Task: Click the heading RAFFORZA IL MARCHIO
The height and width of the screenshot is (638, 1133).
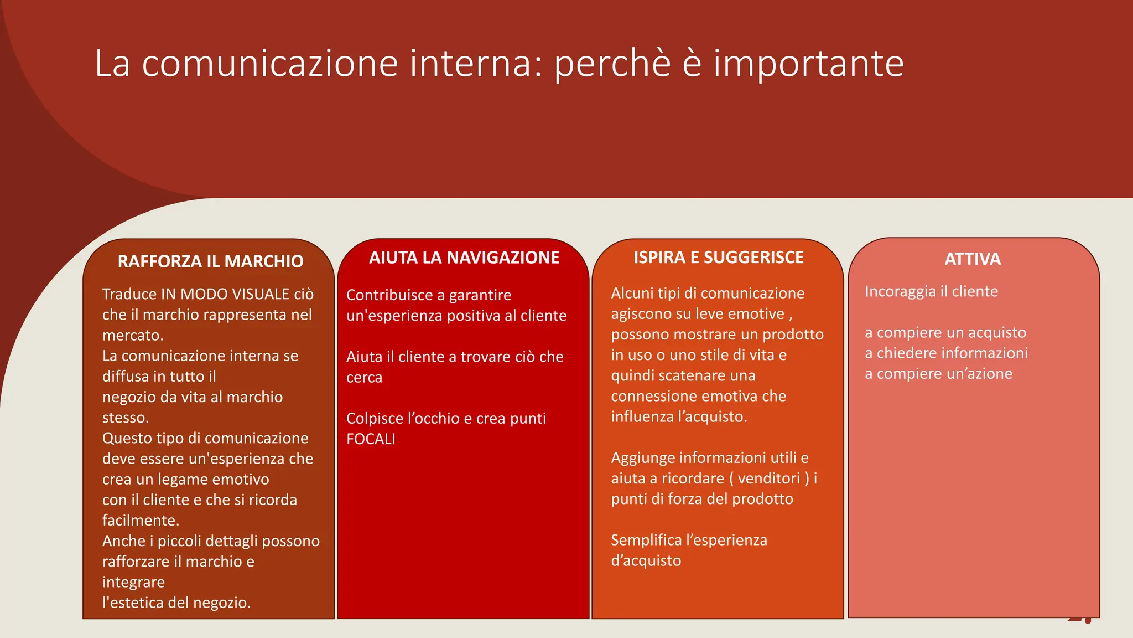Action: coord(210,261)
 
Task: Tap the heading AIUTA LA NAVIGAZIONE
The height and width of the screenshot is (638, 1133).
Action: coord(464,258)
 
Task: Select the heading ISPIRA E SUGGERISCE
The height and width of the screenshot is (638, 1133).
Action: coord(718,258)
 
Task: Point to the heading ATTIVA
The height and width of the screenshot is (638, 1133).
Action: coord(972,259)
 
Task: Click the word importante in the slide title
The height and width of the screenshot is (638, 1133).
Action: coord(808,63)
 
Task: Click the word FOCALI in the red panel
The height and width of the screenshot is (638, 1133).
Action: coord(371,439)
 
